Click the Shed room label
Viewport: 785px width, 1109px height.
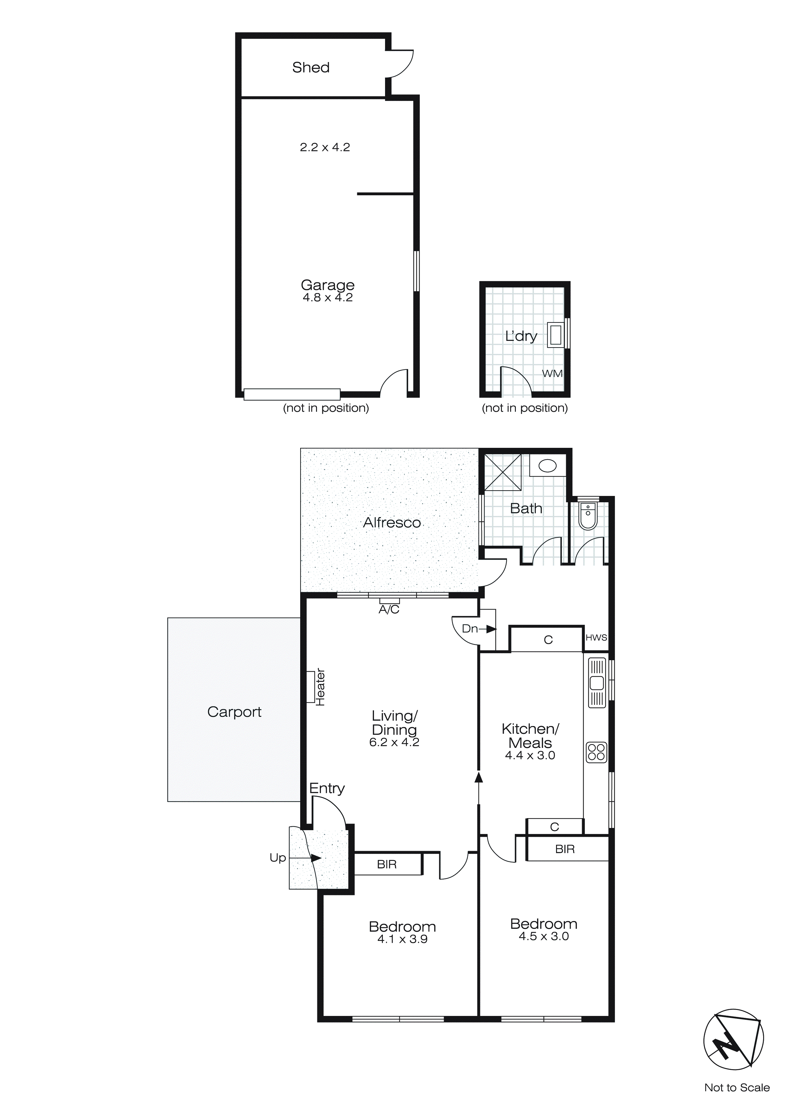click(x=311, y=68)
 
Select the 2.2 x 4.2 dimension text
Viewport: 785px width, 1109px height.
click(x=325, y=147)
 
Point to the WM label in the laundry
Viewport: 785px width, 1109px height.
click(x=552, y=373)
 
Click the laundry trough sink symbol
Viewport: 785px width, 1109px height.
click(x=556, y=335)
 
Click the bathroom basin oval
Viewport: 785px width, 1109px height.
click(x=548, y=466)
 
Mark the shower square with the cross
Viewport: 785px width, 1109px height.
click(x=503, y=473)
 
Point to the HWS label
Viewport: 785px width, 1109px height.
click(x=596, y=637)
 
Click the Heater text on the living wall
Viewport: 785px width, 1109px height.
click(x=320, y=687)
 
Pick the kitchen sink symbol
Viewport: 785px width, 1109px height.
click(x=597, y=683)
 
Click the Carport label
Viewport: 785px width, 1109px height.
click(x=234, y=712)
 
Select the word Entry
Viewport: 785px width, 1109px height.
click(x=327, y=789)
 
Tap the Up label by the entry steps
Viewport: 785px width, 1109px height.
click(x=278, y=858)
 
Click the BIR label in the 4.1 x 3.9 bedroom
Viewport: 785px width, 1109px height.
click(x=387, y=865)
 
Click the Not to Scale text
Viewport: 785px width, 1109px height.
click(x=737, y=1088)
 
